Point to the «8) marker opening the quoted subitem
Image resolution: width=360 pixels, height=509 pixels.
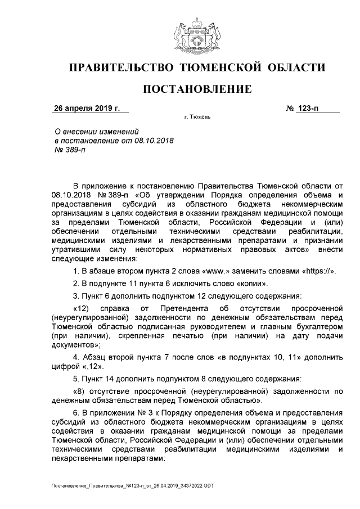click(80, 391)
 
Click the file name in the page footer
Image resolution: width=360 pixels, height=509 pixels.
click(132, 485)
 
